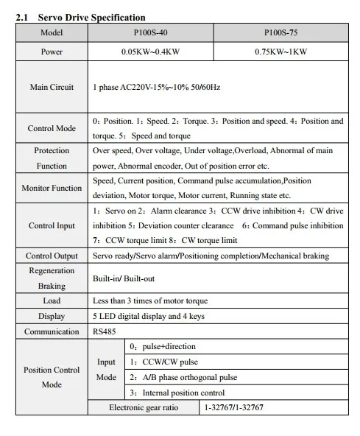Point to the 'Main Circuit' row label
tap(52, 87)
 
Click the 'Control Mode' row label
tap(52, 128)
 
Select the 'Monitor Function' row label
tap(52, 188)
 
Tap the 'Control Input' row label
tap(52, 226)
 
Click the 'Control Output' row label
tap(52, 256)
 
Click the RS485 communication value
tap(105, 331)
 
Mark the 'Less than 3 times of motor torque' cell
tap(150, 300)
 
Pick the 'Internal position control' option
tap(177, 393)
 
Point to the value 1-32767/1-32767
tap(233, 407)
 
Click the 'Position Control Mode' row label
tap(52, 377)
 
